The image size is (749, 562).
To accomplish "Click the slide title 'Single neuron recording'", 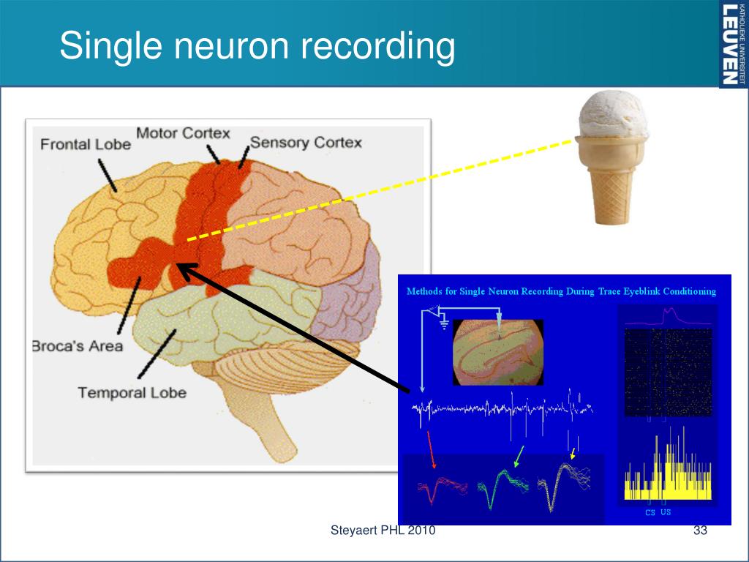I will click(257, 45).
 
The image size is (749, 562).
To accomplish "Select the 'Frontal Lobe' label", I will click(86, 144).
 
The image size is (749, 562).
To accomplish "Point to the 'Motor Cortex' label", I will click(184, 134).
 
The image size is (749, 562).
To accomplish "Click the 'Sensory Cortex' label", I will click(306, 142).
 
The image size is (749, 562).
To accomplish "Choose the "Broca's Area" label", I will click(78, 345).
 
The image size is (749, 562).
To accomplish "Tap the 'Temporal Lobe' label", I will click(132, 392).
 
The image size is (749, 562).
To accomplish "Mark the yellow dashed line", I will click(380, 190).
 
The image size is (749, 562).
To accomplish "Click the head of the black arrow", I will click(183, 269).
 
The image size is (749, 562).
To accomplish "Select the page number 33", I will click(700, 531).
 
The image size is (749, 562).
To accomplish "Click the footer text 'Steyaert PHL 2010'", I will click(383, 531).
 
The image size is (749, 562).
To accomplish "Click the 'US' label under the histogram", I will click(666, 512).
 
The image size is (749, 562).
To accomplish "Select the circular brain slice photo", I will click(498, 352).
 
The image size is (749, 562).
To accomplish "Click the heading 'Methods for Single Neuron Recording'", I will click(561, 291).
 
